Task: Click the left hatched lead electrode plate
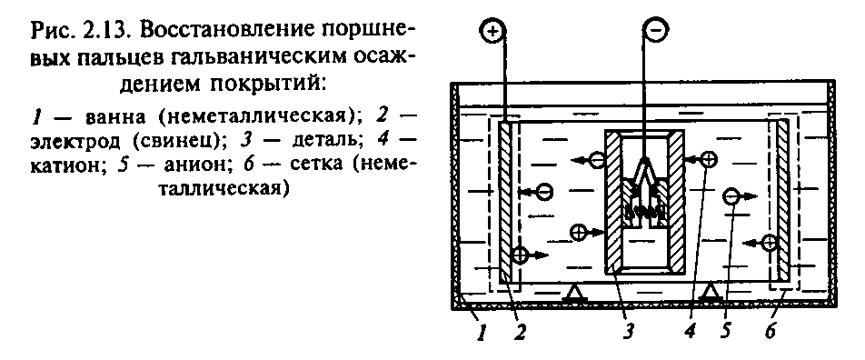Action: tap(508, 202)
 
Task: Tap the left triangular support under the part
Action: tap(573, 292)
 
